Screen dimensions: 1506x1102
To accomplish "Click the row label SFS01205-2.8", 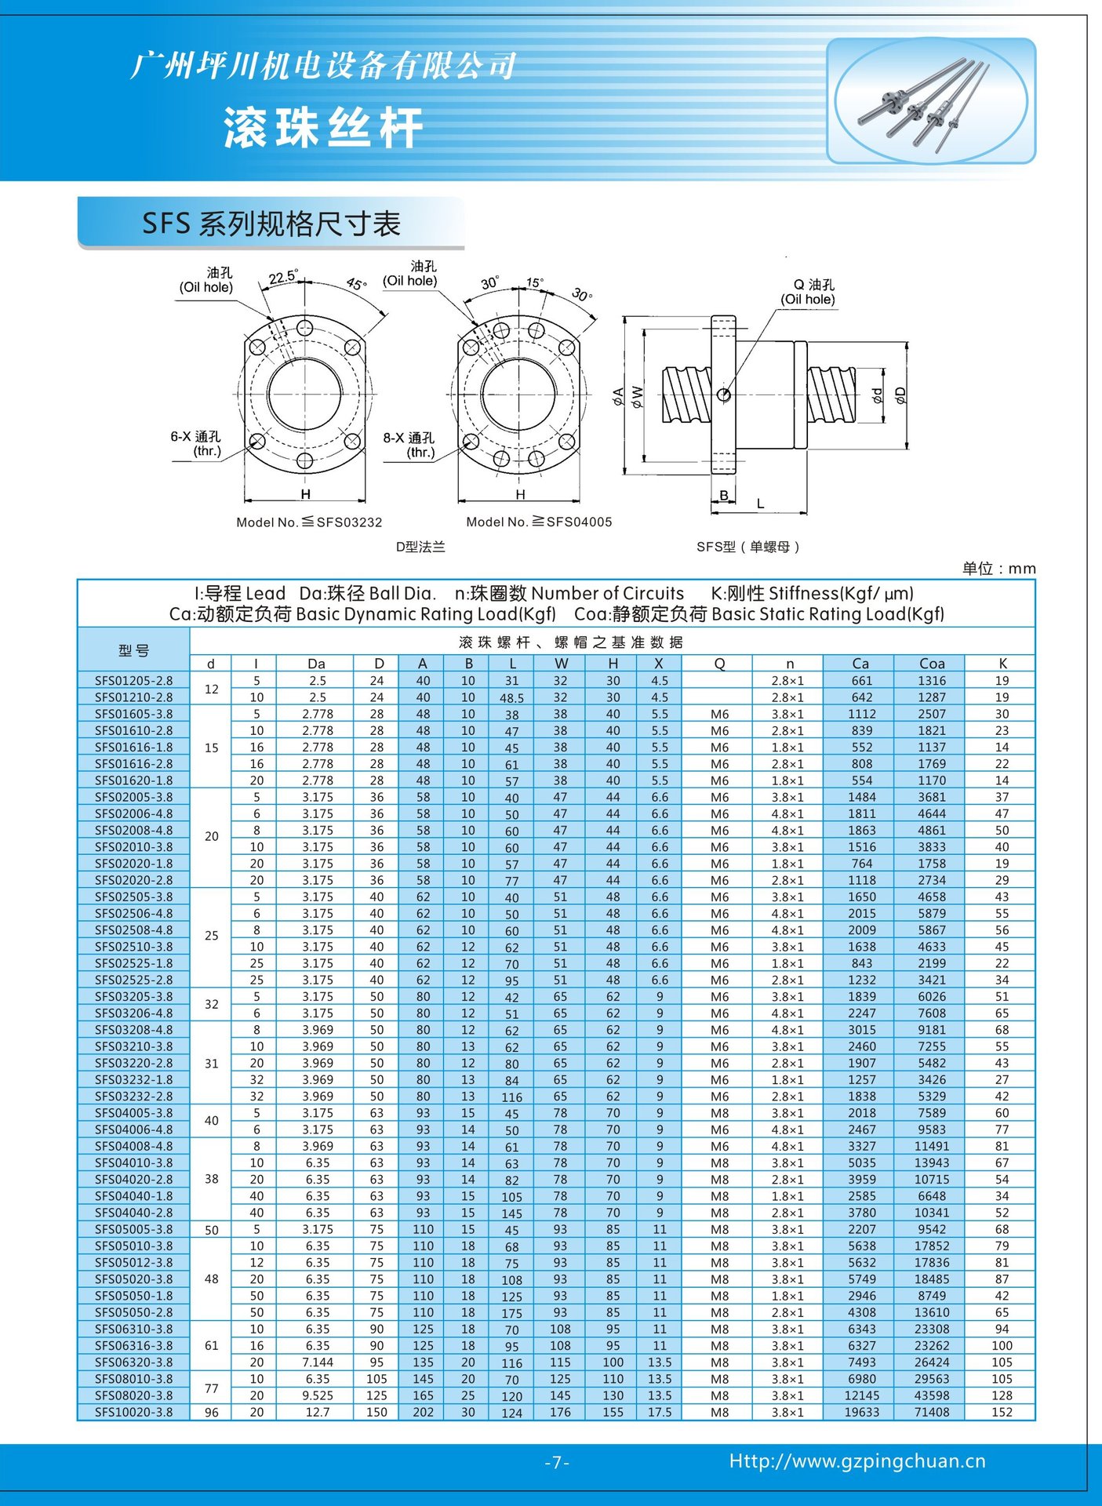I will click(133, 681).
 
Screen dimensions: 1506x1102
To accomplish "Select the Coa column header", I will click(932, 664).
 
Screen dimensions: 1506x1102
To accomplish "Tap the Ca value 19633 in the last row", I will click(861, 1412).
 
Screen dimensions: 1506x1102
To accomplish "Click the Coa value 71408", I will click(932, 1412).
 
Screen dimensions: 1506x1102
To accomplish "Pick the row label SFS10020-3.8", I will click(133, 1412).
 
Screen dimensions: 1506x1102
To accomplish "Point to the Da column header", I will click(316, 664).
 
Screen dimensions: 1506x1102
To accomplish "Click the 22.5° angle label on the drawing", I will click(282, 278).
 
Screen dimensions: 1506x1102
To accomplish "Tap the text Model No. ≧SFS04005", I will click(539, 522).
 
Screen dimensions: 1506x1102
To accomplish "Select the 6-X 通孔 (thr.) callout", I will click(196, 444).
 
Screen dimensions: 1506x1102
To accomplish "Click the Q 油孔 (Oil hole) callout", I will click(808, 292).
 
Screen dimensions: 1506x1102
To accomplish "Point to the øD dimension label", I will click(901, 395).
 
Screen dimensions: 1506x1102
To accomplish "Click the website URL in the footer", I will click(857, 1461).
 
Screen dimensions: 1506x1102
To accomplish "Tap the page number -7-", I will click(556, 1462).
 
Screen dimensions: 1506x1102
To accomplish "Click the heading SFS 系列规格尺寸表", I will click(271, 224).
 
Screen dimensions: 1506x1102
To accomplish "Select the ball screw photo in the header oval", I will click(931, 101).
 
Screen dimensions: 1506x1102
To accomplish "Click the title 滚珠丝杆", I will click(323, 127).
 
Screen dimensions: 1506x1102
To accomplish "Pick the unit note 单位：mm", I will click(998, 569).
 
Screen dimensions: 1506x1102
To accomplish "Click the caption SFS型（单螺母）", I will click(747, 547).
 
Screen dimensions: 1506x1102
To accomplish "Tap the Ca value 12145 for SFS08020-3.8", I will click(861, 1395).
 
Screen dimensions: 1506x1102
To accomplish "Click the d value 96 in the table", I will click(212, 1412).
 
